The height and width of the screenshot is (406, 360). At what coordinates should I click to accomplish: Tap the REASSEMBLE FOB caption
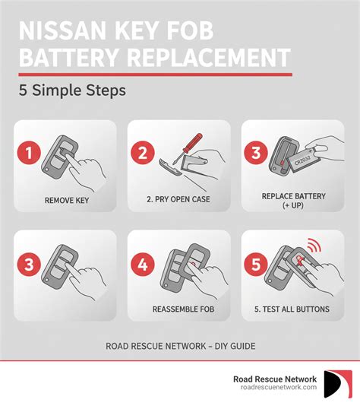tap(179, 309)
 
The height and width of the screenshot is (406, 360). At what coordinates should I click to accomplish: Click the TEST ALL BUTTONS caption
tap(292, 309)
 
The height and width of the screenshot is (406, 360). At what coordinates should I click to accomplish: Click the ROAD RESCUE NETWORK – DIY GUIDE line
tap(179, 346)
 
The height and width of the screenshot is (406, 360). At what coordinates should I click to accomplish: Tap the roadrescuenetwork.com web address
tap(274, 388)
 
